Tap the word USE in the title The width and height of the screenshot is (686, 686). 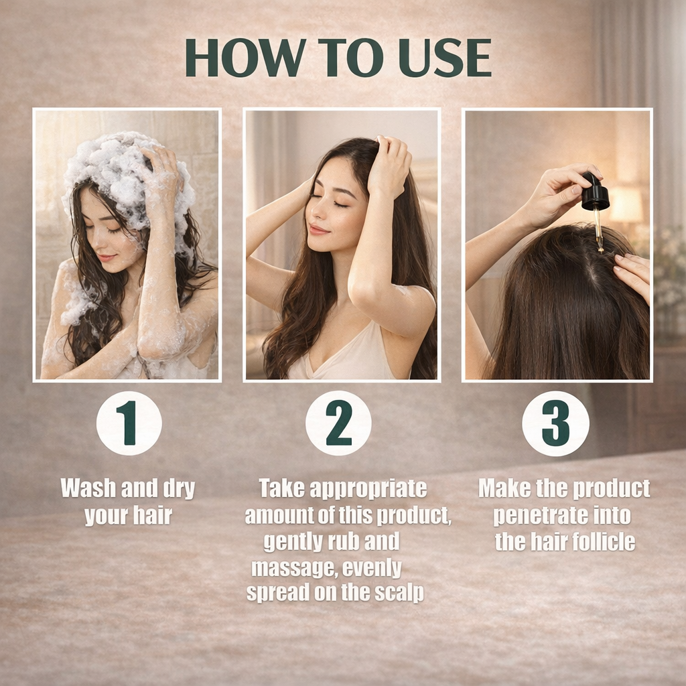(445, 58)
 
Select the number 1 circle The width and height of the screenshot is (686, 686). (129, 423)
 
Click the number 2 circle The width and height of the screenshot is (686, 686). (338, 423)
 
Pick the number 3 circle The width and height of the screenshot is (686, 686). (555, 423)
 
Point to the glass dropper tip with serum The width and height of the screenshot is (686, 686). (598, 232)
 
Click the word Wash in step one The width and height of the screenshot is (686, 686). (88, 488)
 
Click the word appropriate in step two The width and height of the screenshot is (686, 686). (368, 488)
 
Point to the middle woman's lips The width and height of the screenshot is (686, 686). (318, 229)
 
